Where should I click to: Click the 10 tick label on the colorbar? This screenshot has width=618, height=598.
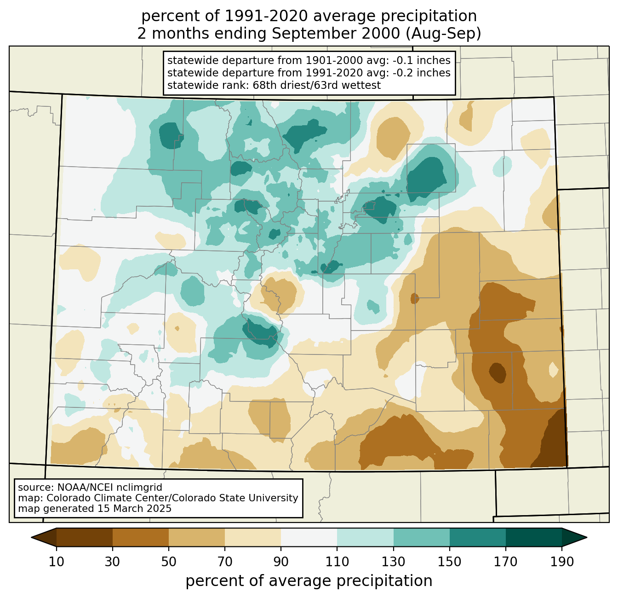(57, 562)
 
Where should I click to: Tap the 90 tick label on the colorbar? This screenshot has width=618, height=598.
(281, 562)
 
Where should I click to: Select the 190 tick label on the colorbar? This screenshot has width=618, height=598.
(562, 562)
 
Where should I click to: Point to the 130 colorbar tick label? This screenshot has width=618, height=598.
(394, 562)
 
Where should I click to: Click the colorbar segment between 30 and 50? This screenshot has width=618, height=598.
(141, 537)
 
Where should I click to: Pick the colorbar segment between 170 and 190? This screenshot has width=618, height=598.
(534, 537)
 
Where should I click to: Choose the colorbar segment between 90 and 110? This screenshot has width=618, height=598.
(309, 537)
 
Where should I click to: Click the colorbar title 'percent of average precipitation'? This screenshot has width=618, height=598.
(309, 581)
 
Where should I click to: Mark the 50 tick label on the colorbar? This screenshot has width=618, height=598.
(169, 562)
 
